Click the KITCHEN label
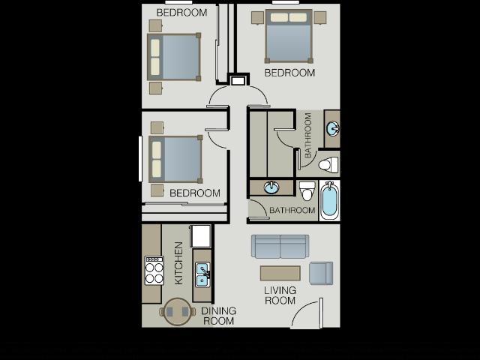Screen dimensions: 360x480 click(x=178, y=262)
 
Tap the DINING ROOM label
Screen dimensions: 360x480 click(x=218, y=316)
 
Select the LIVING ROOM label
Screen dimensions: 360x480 click(x=280, y=295)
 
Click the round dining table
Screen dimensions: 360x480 click(x=178, y=311)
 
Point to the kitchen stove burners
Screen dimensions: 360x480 click(x=154, y=271)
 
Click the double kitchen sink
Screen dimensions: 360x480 click(x=202, y=274)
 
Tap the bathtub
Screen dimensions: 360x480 click(x=329, y=200)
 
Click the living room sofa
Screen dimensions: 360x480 click(x=280, y=246)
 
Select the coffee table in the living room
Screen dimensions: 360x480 click(x=280, y=273)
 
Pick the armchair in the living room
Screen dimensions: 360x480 click(x=321, y=272)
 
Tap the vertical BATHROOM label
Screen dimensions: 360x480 click(x=308, y=135)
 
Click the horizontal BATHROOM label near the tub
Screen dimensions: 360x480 click(x=292, y=211)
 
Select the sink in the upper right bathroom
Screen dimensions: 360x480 click(x=331, y=129)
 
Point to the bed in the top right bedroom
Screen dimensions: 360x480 click(x=289, y=36)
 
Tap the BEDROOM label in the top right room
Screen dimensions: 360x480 click(x=289, y=73)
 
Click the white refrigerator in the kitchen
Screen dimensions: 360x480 click(x=201, y=235)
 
